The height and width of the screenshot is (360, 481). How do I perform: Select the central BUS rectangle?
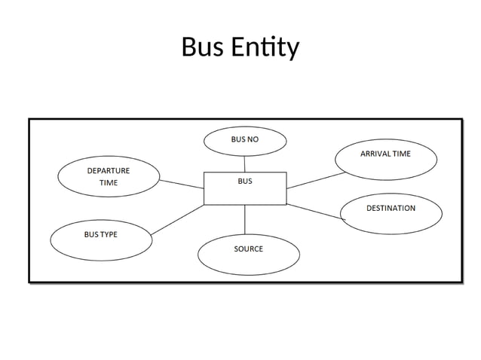pos(245,188)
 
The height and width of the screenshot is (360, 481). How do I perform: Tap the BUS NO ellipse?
pos(245,141)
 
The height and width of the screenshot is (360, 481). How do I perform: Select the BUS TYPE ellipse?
pos(100,239)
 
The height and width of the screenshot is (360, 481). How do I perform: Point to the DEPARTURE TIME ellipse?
pos(109,177)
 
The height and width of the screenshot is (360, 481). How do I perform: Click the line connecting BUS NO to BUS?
pos(244,163)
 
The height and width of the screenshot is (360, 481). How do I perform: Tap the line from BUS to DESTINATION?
pos(315,212)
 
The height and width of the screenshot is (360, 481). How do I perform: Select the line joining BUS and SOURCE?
pos(245,219)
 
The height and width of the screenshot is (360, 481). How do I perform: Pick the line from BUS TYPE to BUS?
pos(177,219)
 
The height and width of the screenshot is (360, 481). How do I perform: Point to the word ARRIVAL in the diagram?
pos(374,154)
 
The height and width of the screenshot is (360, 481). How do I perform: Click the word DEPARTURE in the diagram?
pos(109,171)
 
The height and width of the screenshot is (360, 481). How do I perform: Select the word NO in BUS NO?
pos(253,139)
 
